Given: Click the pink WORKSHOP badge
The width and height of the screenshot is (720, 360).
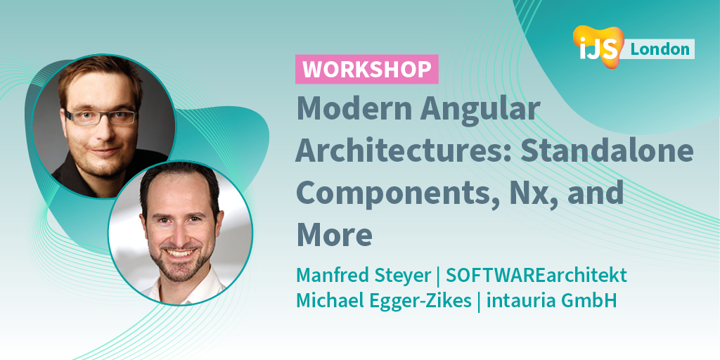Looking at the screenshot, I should click(x=366, y=70).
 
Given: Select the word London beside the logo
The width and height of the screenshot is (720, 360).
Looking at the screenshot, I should click(x=660, y=49).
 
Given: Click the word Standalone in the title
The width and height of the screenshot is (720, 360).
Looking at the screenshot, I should click(x=617, y=151).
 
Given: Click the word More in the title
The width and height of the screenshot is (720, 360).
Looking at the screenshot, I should click(x=335, y=234).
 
